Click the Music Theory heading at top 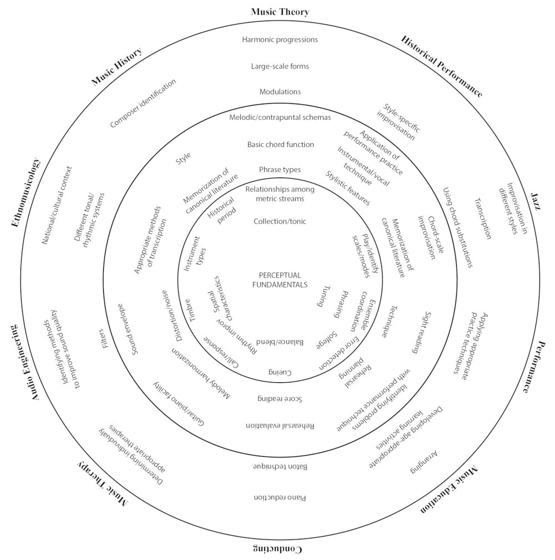(x=280, y=12)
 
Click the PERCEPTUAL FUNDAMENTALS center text (x=280, y=280)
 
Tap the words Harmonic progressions (x=280, y=39)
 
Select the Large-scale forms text (x=280, y=66)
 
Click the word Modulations (x=280, y=92)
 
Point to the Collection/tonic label (x=280, y=221)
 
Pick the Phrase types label (x=280, y=169)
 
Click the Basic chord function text (x=280, y=144)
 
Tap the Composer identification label (x=143, y=103)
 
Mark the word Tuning (x=320, y=296)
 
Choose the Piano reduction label (x=280, y=497)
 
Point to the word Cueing (x=280, y=372)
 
